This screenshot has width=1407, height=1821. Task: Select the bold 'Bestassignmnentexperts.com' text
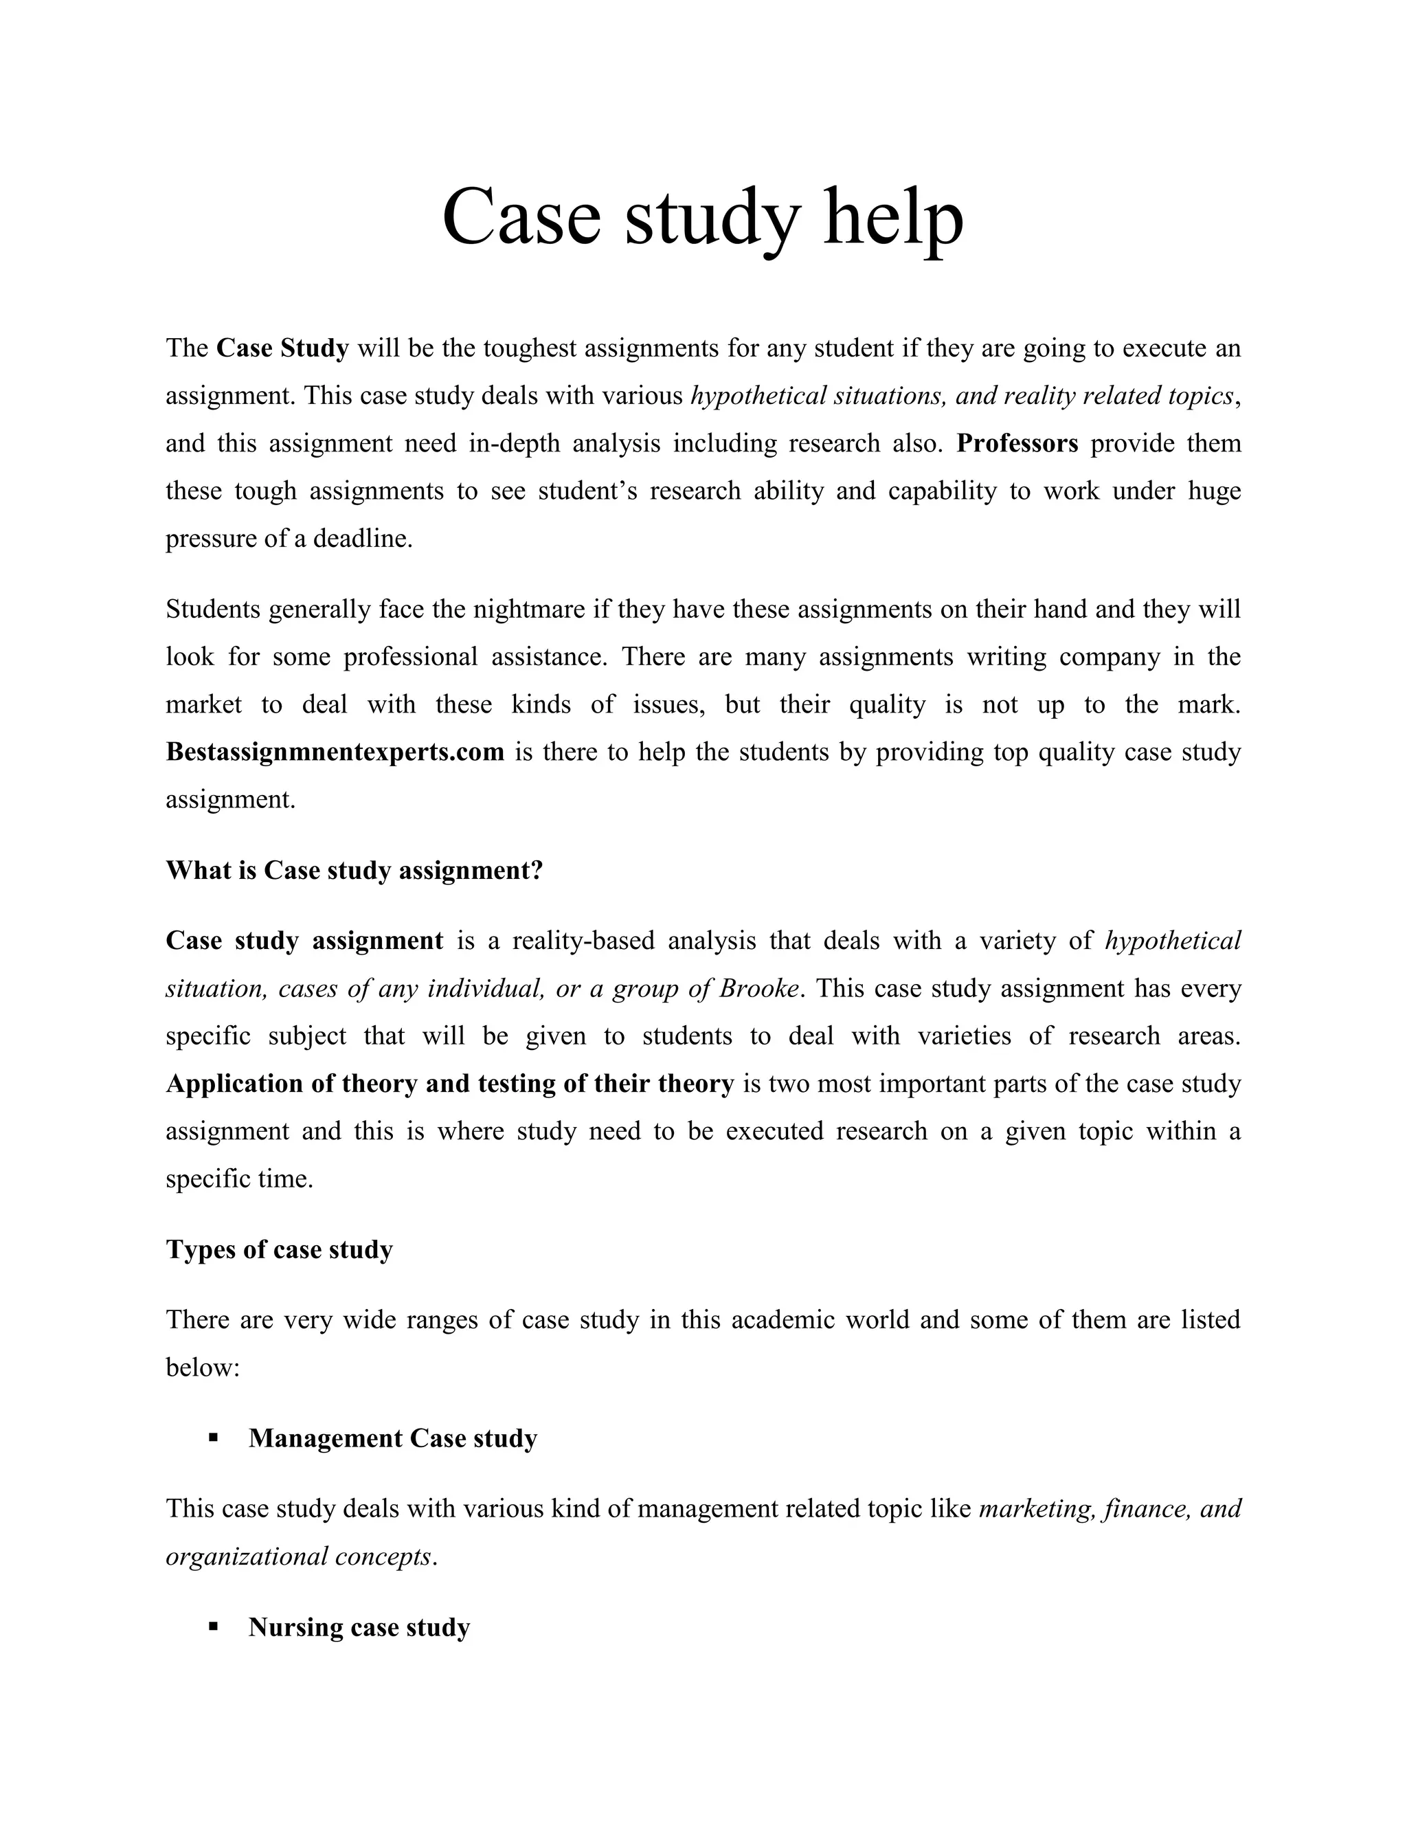pyautogui.click(x=335, y=752)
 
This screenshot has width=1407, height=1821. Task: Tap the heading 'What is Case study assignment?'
pyautogui.click(x=354, y=871)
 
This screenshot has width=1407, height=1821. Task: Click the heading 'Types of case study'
pyautogui.click(x=279, y=1249)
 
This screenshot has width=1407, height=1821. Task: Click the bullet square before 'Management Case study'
pyautogui.click(x=214, y=1438)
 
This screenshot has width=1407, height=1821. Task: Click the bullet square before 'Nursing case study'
pyautogui.click(x=214, y=1626)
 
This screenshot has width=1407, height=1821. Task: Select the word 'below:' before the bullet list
pyautogui.click(x=203, y=1367)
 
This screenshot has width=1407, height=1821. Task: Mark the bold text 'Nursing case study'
pyautogui.click(x=359, y=1627)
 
